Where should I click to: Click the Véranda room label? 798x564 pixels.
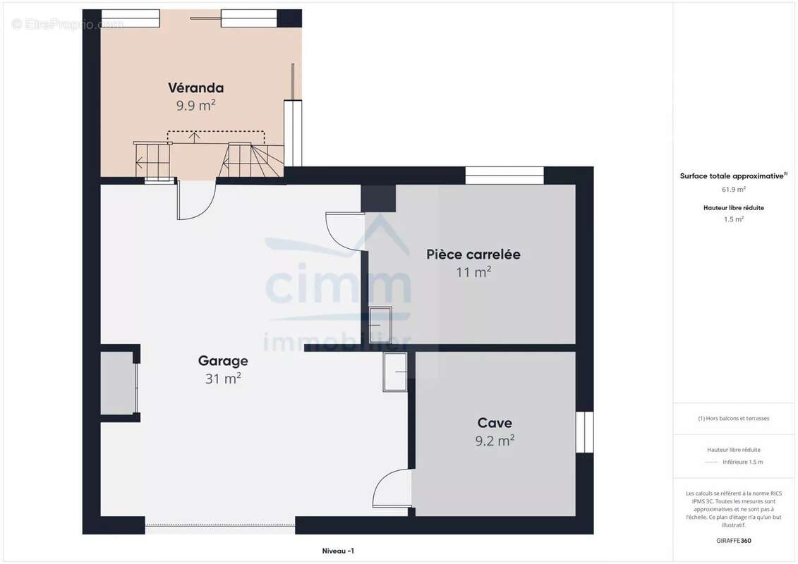tap(196, 87)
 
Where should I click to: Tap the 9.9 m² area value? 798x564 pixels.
tap(196, 105)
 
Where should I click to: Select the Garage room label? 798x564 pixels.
tap(223, 361)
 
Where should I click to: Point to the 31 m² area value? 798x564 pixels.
tap(223, 379)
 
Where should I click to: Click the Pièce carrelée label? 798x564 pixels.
tap(473, 255)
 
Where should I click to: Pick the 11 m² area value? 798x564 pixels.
tap(473, 272)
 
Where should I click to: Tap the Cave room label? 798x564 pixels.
tap(495, 422)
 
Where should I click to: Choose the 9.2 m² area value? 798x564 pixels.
tap(495, 441)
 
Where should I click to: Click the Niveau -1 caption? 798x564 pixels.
tap(338, 551)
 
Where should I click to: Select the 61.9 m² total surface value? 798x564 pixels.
tap(733, 189)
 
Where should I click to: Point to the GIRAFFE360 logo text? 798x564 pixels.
tap(733, 541)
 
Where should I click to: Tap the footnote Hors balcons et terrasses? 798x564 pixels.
tap(733, 419)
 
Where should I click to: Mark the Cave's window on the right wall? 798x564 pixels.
tap(585, 431)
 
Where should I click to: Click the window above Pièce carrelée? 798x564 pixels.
tap(504, 176)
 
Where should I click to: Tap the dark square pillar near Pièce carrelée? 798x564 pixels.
tap(378, 198)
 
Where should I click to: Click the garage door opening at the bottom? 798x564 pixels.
tap(220, 525)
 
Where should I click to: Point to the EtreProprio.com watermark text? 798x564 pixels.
tap(67, 24)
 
